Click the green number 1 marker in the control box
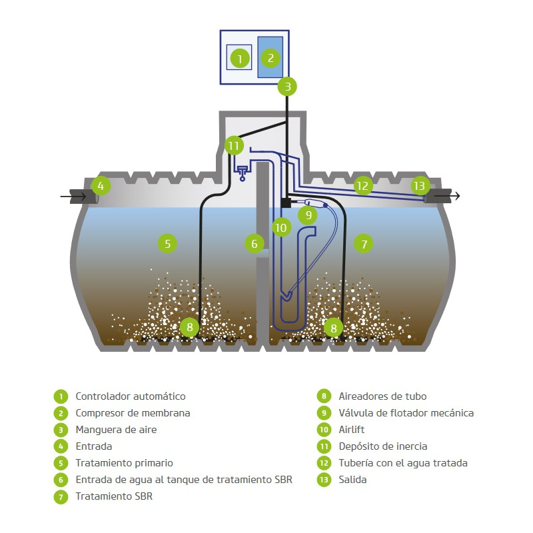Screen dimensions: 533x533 (x=240, y=59)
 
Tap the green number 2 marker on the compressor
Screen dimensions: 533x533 (x=270, y=58)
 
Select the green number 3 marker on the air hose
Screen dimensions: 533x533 (x=287, y=87)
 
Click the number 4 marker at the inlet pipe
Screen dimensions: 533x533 (x=101, y=186)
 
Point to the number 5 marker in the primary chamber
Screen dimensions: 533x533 (x=168, y=243)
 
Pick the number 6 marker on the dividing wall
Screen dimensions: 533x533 (x=255, y=243)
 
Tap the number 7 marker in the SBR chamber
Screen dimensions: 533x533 (x=363, y=243)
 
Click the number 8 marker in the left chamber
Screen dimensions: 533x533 (x=190, y=327)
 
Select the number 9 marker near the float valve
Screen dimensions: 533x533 (x=308, y=215)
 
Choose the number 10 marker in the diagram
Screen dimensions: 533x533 (x=281, y=227)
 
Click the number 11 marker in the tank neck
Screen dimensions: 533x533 (x=235, y=146)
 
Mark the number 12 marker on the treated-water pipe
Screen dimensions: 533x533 (x=362, y=186)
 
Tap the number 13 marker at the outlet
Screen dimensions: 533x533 (x=420, y=186)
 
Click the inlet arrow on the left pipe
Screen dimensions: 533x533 (x=73, y=196)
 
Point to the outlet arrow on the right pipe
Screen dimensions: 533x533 (x=447, y=196)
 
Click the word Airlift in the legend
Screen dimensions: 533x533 (x=352, y=430)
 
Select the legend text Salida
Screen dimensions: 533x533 (x=352, y=480)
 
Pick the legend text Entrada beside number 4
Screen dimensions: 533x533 (x=94, y=446)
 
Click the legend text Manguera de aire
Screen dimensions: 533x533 (x=116, y=430)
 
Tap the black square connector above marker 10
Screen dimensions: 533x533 (x=286, y=203)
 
